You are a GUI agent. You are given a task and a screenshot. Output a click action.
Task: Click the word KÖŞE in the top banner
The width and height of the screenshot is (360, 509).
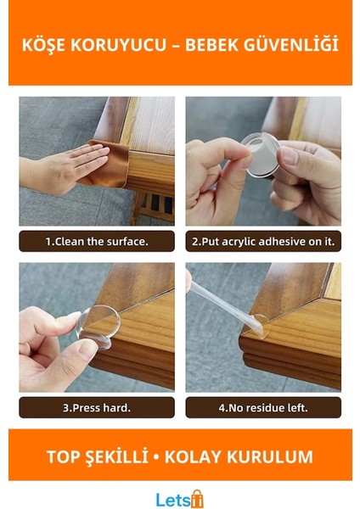click(43, 45)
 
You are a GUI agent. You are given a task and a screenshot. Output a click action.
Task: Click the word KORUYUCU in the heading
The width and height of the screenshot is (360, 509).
click(118, 45)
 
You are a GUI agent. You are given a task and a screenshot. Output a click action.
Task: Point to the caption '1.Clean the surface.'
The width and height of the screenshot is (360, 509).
click(97, 242)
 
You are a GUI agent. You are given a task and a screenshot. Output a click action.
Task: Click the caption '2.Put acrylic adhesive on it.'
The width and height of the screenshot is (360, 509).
click(263, 242)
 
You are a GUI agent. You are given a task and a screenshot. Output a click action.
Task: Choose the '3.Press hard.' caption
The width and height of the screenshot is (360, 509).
click(97, 408)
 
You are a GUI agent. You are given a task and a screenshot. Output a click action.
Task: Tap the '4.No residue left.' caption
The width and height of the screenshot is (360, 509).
click(263, 408)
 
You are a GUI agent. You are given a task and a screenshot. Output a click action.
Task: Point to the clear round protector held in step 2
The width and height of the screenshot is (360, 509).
click(262, 155)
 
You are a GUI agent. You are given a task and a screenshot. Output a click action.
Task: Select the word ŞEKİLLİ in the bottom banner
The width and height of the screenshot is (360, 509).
click(116, 456)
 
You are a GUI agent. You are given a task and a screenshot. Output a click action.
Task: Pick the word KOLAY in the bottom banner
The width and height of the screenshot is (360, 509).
click(193, 456)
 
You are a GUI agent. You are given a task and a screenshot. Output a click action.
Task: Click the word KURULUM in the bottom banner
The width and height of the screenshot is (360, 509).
click(270, 456)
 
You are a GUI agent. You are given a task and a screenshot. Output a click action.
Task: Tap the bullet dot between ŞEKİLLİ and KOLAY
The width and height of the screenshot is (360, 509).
click(156, 457)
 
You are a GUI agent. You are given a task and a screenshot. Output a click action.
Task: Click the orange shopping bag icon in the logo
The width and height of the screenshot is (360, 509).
click(196, 499)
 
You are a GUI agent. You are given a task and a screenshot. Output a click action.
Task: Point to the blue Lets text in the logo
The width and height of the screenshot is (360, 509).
click(172, 500)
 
